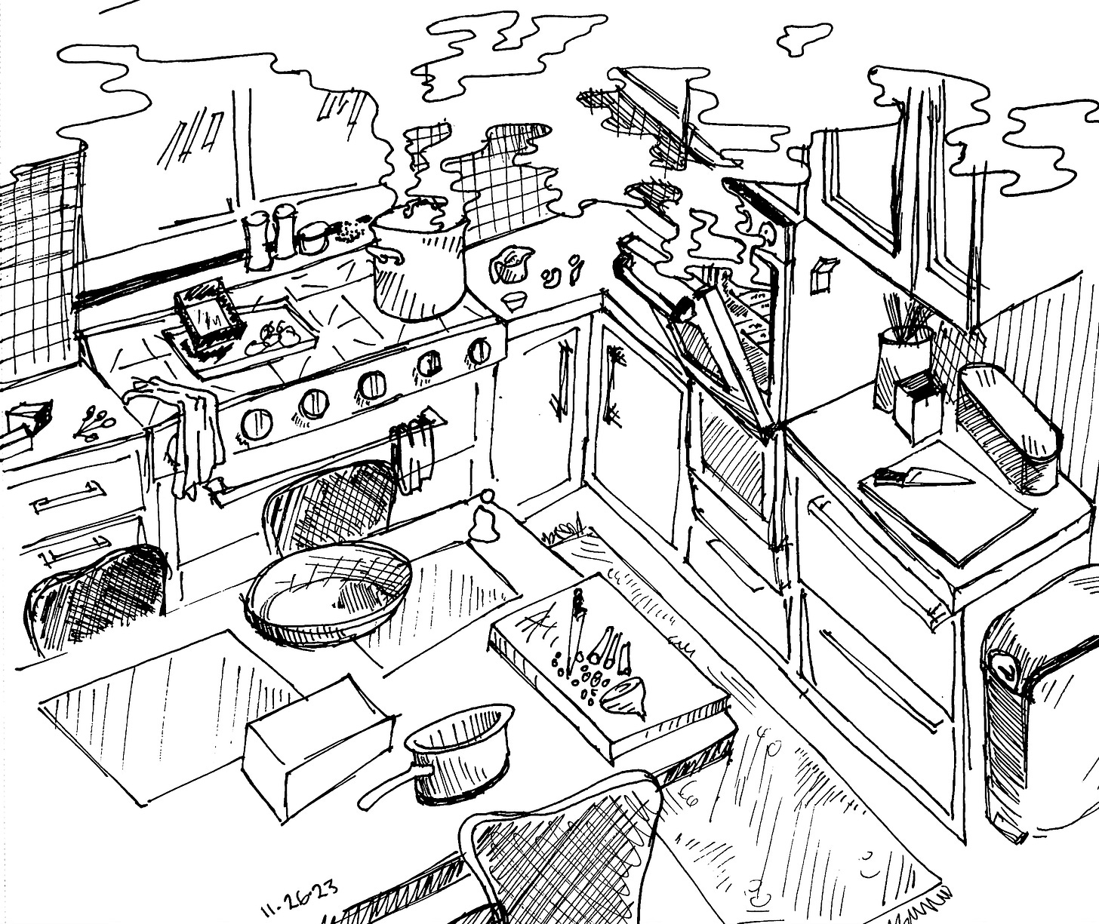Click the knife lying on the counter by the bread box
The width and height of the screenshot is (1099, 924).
(x=922, y=477)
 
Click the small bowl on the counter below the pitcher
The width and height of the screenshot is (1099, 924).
(x=516, y=300)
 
